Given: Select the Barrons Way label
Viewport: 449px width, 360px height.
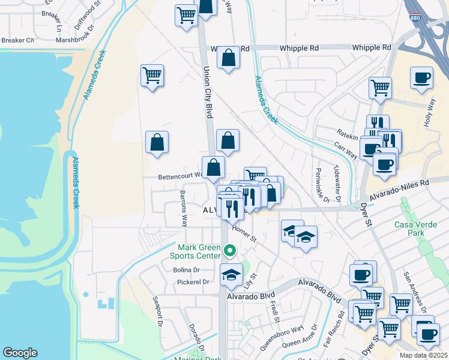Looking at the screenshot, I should (183, 208).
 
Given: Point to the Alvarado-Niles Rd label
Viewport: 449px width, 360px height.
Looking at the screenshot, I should (400, 189).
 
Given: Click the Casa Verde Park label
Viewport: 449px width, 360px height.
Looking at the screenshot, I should (414, 229).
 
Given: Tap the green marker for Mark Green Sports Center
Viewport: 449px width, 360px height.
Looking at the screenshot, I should (229, 250).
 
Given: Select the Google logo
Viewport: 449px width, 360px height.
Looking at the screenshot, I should (20, 353).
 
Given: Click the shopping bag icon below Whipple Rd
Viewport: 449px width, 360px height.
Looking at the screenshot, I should (228, 59).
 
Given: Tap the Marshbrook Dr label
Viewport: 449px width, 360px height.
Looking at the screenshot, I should (75, 41).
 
